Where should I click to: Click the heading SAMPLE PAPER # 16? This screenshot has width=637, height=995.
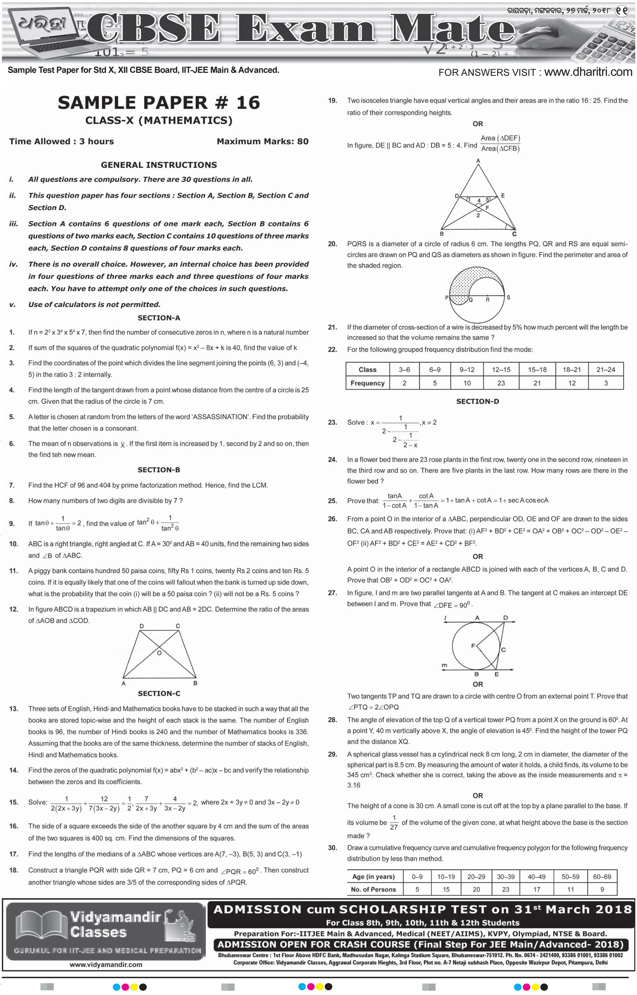(x=159, y=103)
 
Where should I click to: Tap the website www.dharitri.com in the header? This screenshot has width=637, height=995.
(x=588, y=72)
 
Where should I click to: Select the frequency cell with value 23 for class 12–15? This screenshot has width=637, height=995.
(x=501, y=383)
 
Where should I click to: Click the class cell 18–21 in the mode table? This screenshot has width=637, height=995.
(x=571, y=370)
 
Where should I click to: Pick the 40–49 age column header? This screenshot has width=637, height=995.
(x=537, y=876)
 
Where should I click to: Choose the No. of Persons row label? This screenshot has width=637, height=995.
(x=373, y=889)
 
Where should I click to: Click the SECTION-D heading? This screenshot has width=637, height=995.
(x=477, y=401)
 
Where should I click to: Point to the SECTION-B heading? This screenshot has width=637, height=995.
(x=159, y=470)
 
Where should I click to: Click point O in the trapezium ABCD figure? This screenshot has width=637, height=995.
(x=160, y=653)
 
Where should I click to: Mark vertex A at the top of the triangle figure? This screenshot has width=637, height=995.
(x=478, y=161)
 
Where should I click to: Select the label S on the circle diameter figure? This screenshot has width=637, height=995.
(x=508, y=297)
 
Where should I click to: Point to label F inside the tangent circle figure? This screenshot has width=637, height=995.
(x=473, y=646)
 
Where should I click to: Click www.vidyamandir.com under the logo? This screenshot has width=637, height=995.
(x=106, y=965)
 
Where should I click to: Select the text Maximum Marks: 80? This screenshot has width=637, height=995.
(x=263, y=141)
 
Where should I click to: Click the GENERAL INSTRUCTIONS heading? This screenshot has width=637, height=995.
(x=159, y=165)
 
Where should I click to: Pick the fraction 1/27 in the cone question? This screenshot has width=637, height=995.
(x=394, y=822)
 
